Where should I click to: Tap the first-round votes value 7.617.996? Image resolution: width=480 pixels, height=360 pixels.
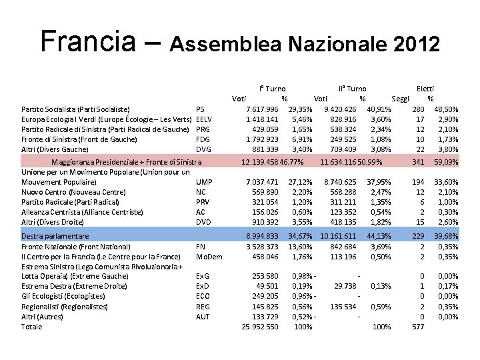262,109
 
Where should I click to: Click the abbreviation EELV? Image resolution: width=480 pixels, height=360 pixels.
204,119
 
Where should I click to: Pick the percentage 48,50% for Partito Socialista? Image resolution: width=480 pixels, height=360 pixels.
446,109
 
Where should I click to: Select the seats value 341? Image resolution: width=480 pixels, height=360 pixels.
419,161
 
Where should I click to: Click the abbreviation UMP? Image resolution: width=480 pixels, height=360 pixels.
204,182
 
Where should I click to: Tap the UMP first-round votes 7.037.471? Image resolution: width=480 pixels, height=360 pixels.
262,182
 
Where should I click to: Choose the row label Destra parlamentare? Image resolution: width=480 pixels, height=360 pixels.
55,236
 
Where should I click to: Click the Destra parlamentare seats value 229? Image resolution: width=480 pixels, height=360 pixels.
419,236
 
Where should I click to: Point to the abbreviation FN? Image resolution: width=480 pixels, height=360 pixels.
201,246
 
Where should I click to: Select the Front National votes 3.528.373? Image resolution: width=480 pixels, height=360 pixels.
262,246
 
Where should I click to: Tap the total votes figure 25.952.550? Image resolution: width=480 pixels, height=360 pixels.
260,327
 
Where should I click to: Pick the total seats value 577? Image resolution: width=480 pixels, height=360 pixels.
419,327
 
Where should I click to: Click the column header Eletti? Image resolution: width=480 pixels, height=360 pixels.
425,89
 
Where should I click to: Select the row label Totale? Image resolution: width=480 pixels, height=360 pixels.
31,327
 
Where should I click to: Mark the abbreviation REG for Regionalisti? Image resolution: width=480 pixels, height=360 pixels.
203,307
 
